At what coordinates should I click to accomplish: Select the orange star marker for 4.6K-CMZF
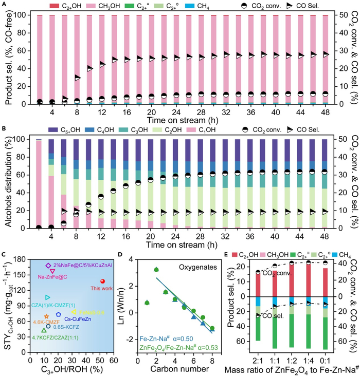(x=47, y=316)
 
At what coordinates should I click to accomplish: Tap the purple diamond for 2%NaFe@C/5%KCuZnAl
(x=48, y=266)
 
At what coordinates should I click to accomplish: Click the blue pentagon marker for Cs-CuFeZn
(x=59, y=314)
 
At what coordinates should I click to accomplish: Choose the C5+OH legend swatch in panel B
(x=53, y=130)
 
